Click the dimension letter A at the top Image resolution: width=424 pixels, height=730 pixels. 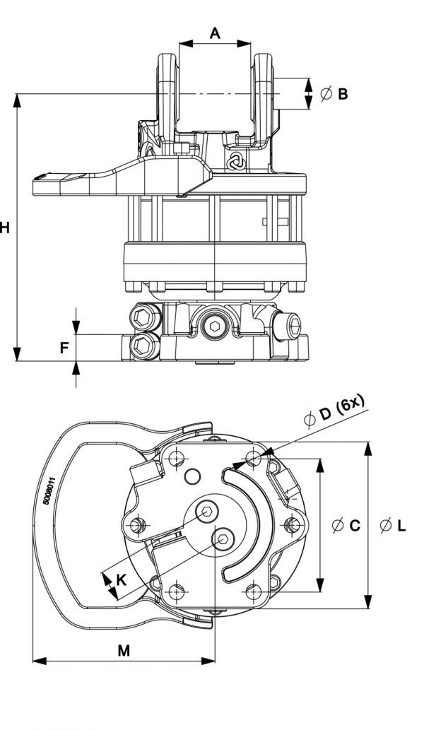click(215, 33)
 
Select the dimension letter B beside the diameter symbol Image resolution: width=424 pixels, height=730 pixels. click(343, 94)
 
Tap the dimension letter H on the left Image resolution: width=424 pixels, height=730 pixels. click(5, 228)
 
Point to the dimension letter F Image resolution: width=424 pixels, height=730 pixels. click(65, 347)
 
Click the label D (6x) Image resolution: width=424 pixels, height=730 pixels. click(342, 409)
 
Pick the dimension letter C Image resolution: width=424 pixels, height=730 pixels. click(355, 526)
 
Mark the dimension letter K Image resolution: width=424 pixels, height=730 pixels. click(122, 580)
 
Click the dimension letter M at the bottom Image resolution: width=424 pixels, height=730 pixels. click(124, 651)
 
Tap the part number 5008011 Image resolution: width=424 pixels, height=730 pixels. click(49, 490)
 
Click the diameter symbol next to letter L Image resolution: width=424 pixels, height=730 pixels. click(386, 526)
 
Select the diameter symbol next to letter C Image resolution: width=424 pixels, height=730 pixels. click(338, 526)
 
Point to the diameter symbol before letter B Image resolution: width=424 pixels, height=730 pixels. click(326, 94)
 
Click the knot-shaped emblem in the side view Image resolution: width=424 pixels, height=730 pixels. click(235, 160)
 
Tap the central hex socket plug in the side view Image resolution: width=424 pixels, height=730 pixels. click(214, 326)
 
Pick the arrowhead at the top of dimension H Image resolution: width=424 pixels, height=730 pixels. click(17, 100)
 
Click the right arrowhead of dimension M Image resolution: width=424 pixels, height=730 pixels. click(208, 660)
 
